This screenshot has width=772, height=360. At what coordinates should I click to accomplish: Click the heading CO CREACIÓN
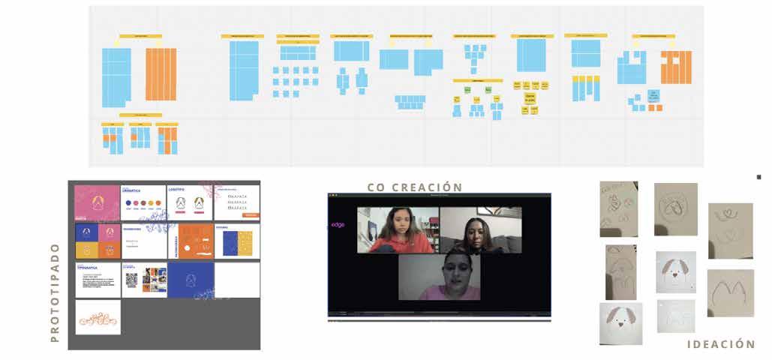coord(414,187)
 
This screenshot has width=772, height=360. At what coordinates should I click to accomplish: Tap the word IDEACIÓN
coord(721,344)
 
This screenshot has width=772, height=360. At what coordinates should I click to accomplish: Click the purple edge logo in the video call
coord(338,225)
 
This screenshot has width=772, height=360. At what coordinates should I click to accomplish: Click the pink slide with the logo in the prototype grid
coord(97,202)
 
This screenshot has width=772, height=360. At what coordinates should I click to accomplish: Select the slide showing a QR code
coord(143,280)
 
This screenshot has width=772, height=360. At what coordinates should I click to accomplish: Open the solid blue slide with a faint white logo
coord(190,280)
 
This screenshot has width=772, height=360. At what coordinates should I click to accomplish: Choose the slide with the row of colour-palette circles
coord(143,202)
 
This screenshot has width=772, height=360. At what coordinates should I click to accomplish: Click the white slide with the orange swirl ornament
coord(98,317)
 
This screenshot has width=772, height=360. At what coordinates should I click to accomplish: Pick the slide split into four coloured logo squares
coord(97,241)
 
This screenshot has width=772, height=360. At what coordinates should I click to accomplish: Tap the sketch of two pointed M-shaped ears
coord(730,293)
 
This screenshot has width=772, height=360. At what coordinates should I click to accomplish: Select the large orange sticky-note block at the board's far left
coord(161,74)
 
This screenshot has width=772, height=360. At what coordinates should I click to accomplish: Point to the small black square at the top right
coord(758,177)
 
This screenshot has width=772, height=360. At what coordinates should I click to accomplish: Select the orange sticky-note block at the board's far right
coord(676,67)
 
